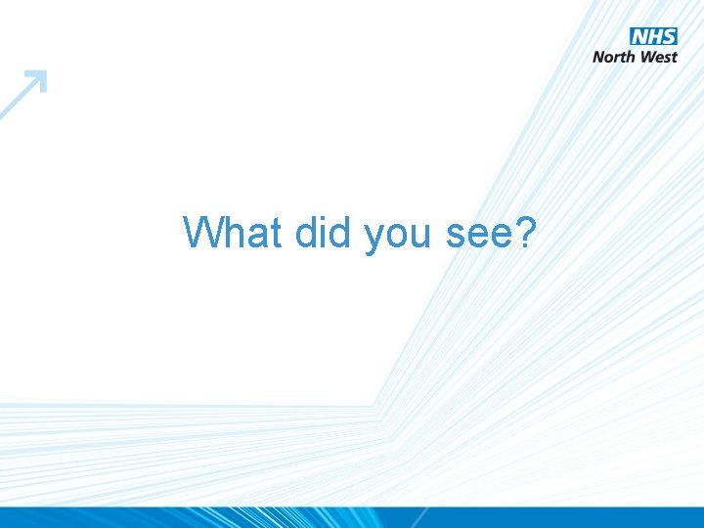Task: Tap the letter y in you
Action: coord(374,238)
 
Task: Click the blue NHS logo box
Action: coord(653,37)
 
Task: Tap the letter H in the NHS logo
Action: coord(653,37)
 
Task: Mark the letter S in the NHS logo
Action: coord(668,37)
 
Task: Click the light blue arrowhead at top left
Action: coord(36,81)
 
